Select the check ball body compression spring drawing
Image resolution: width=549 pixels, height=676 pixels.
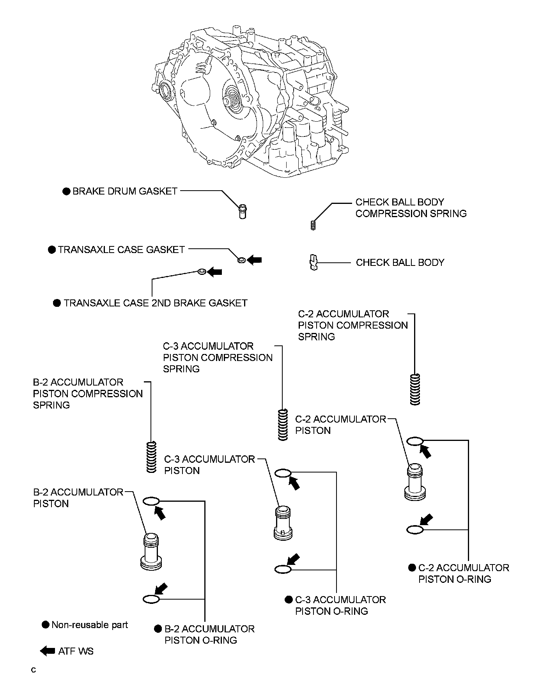(313, 225)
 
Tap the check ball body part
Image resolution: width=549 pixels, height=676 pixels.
(313, 262)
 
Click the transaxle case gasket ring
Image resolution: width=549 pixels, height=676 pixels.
(242, 260)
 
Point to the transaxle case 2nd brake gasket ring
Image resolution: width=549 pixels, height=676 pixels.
(202, 272)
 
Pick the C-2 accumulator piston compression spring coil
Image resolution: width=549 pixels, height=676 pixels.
(415, 389)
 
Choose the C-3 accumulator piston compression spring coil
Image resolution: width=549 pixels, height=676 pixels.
(283, 425)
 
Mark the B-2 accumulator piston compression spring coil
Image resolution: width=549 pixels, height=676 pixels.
(151, 457)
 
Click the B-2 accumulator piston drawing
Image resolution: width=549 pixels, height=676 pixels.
(151, 552)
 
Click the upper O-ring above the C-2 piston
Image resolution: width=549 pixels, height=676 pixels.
(415, 441)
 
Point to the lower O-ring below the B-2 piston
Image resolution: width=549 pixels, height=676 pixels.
(151, 599)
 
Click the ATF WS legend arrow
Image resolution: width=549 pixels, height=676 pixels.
(48, 651)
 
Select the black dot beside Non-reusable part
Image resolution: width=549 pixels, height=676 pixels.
(46, 625)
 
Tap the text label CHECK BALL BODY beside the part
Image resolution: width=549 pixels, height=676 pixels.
(400, 262)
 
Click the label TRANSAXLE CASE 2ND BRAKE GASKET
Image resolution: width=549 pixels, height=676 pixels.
(156, 303)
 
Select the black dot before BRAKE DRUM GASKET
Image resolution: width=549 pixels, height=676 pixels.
(67, 191)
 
